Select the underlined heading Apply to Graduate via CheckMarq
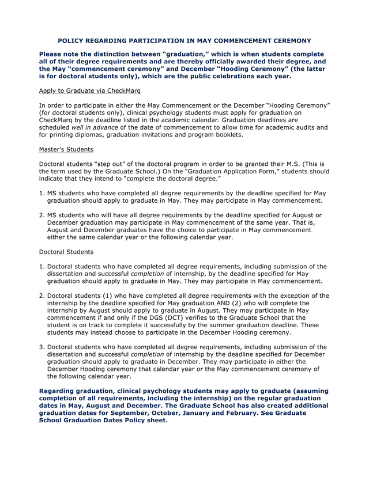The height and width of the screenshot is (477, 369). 89,91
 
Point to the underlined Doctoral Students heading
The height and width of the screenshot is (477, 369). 66,252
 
